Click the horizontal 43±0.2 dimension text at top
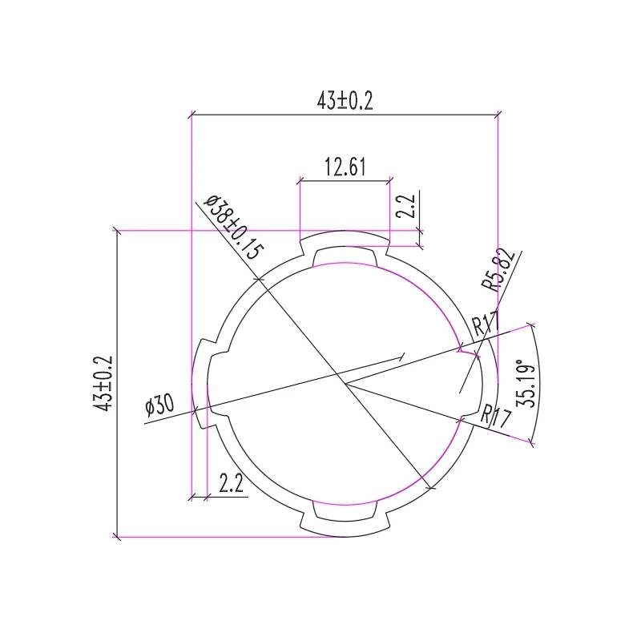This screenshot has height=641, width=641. [x=345, y=101]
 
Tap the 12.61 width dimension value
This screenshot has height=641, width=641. [x=345, y=167]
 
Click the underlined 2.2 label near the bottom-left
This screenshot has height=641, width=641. [x=231, y=483]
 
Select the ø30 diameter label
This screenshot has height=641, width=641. [x=159, y=406]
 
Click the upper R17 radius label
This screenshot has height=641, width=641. [x=486, y=325]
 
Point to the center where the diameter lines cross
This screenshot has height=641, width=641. [x=345, y=384]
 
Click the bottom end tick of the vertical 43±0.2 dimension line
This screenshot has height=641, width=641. [x=118, y=536]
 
